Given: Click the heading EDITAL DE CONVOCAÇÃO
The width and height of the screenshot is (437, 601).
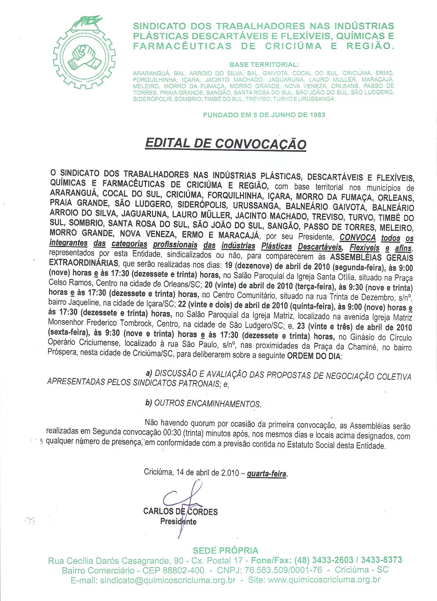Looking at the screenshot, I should click(225, 143).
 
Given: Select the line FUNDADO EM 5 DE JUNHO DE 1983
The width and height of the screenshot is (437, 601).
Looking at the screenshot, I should click(264, 115).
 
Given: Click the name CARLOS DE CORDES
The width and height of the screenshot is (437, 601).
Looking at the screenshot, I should click(180, 511).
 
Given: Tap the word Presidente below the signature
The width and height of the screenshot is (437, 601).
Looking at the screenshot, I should click(178, 521).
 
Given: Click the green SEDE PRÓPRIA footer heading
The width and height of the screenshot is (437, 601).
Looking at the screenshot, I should click(226, 550).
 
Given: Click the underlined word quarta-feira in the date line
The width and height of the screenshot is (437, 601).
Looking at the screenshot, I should click(267, 474).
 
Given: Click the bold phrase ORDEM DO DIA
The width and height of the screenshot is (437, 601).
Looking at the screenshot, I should click(314, 355).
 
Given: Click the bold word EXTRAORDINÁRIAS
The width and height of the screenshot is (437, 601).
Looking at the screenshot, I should click(84, 263).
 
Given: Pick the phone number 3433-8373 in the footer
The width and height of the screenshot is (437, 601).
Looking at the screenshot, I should click(382, 560).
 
